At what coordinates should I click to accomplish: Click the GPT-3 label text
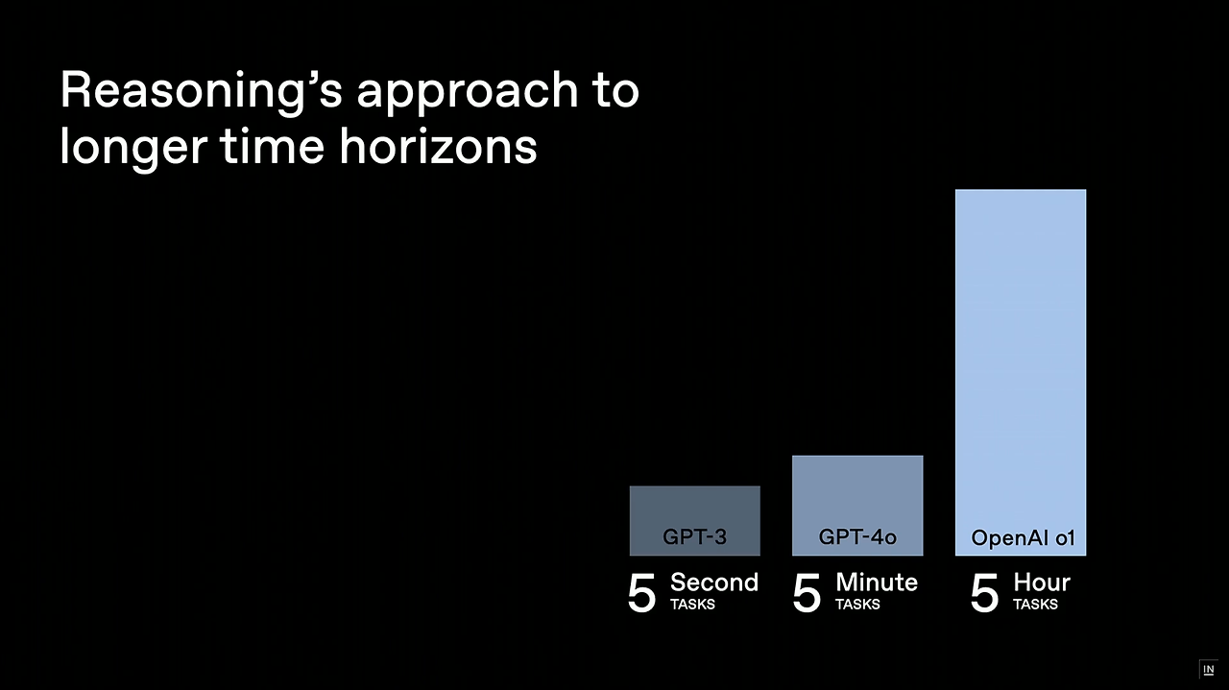pyautogui.click(x=694, y=536)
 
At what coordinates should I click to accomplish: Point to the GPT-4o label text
pyautogui.click(x=857, y=536)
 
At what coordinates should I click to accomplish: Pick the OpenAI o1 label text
pyautogui.click(x=1022, y=537)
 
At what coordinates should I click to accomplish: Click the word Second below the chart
pyautogui.click(x=714, y=583)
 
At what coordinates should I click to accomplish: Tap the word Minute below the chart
pyautogui.click(x=877, y=583)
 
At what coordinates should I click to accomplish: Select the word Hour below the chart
pyautogui.click(x=1042, y=583)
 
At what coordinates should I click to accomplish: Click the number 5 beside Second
pyautogui.click(x=642, y=594)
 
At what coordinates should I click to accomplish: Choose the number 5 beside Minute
pyautogui.click(x=807, y=594)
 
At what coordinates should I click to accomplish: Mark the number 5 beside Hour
pyautogui.click(x=985, y=594)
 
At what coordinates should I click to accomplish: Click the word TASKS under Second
pyautogui.click(x=692, y=605)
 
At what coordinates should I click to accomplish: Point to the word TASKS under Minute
pyautogui.click(x=857, y=605)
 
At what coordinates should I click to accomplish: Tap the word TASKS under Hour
pyautogui.click(x=1035, y=605)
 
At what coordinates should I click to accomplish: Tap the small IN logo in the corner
pyautogui.click(x=1208, y=669)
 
